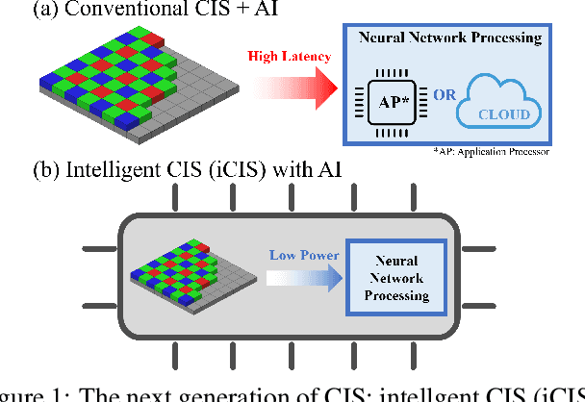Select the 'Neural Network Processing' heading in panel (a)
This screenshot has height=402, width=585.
[x=447, y=38]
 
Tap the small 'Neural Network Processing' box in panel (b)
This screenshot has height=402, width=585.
[x=395, y=278]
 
